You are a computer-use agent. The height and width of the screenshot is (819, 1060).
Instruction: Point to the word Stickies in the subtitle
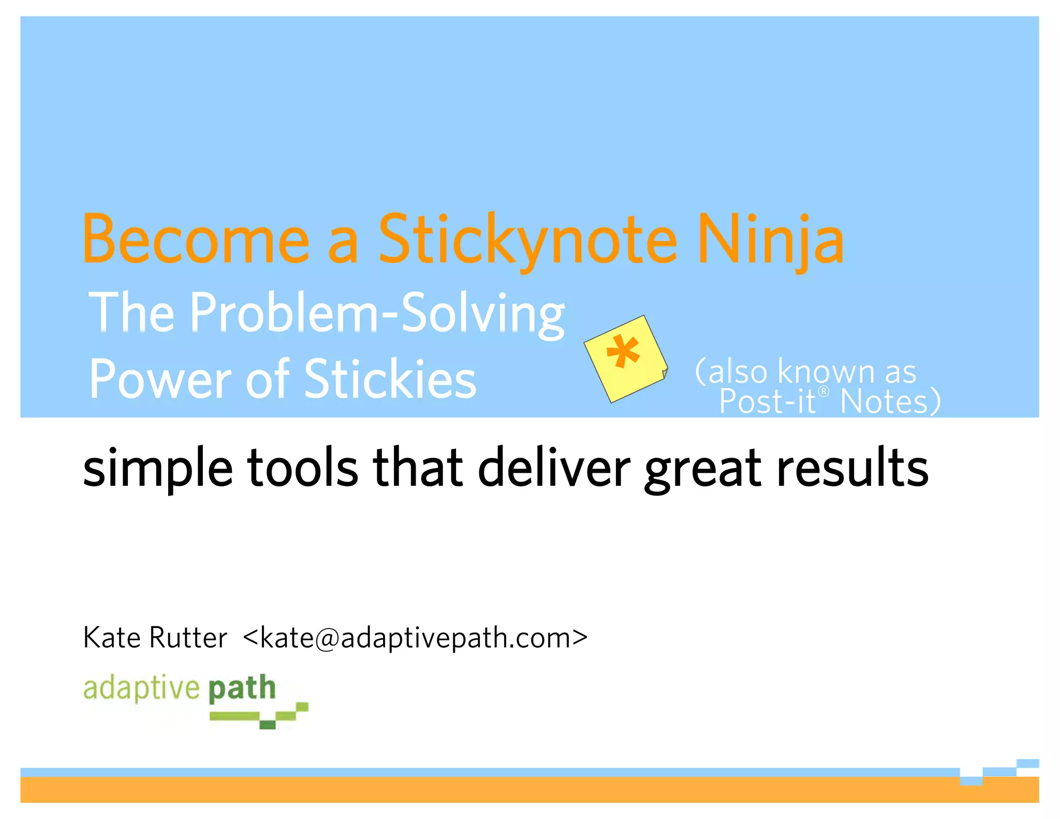pos(390,379)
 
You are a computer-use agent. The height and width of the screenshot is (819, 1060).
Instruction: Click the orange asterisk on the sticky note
pos(623,352)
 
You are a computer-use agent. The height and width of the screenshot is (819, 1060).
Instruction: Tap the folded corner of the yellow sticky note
pos(664,374)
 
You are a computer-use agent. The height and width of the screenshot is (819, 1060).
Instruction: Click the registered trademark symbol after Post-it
pos(823,391)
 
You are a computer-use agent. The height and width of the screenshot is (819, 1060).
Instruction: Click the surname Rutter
pos(188,637)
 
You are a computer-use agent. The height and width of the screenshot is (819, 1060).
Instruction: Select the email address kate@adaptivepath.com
pos(415,638)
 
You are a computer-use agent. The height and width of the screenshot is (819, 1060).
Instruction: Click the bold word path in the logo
pos(242,689)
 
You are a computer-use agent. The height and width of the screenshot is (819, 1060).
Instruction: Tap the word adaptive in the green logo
pos(141,689)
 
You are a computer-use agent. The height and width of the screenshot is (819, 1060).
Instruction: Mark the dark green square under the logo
pos(267,724)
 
